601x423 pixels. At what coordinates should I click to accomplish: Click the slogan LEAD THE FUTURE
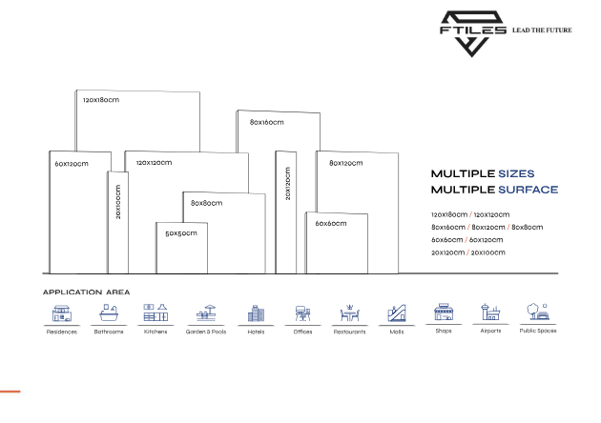tap(542, 30)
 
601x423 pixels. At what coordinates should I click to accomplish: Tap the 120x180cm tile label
tap(101, 100)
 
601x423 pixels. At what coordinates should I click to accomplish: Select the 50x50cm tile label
tap(181, 232)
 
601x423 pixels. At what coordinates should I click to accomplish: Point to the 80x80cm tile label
tap(206, 203)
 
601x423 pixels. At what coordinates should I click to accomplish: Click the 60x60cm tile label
tap(331, 223)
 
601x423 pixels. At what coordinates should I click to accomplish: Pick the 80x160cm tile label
tap(267, 122)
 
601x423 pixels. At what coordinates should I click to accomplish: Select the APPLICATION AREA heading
tap(86, 292)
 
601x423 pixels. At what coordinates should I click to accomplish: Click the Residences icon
tap(62, 312)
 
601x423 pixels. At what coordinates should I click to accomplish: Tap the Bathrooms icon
tap(109, 312)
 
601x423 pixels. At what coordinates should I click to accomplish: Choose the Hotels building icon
tap(256, 312)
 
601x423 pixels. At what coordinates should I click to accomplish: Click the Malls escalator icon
tap(397, 312)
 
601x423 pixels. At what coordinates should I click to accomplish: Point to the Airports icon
tap(490, 312)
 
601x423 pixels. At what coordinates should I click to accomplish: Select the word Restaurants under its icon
tap(349, 332)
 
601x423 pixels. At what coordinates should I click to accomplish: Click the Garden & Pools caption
tap(206, 332)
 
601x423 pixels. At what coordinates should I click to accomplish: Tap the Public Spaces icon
tap(537, 312)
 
